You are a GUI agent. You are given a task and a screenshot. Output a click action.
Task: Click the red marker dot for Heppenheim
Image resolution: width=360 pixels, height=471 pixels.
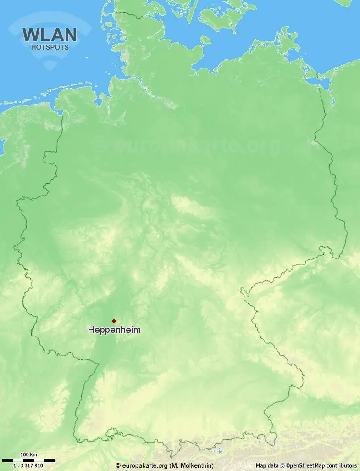(x=114, y=321)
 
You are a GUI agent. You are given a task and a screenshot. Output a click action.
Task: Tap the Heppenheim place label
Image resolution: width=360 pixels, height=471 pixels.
(x=114, y=330)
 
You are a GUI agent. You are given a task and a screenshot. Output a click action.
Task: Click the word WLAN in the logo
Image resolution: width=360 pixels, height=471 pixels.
(x=50, y=35)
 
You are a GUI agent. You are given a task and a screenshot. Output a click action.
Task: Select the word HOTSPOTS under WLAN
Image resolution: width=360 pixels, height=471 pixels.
(x=50, y=47)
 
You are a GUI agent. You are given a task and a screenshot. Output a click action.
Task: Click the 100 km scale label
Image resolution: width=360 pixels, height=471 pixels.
(x=29, y=455)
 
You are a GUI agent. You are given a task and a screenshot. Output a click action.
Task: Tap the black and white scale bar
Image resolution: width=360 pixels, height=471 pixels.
(x=28, y=460)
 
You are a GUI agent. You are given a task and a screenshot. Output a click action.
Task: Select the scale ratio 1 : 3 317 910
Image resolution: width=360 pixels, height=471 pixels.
(x=28, y=465)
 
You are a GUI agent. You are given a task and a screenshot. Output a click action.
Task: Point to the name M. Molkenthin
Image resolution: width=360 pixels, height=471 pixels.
(x=192, y=465)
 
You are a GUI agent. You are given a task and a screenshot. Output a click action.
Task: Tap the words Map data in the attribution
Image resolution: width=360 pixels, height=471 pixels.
(x=267, y=465)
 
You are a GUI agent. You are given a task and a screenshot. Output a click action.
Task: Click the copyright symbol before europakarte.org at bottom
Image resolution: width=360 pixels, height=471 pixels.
(x=118, y=465)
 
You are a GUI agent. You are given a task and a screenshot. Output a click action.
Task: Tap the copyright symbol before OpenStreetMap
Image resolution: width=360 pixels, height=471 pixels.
(x=282, y=465)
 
